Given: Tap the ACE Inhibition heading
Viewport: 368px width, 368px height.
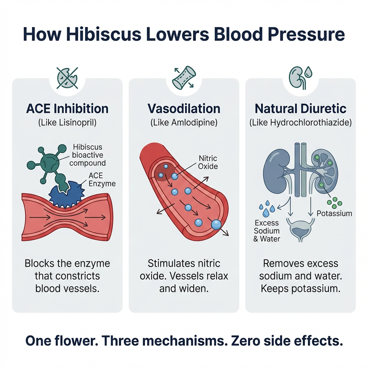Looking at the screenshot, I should coord(67,109).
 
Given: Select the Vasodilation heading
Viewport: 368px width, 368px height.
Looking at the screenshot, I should coord(184,109).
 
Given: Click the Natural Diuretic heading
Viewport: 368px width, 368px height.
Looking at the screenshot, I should coord(300,109).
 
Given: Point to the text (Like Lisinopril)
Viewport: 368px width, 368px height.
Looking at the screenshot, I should coord(67,122).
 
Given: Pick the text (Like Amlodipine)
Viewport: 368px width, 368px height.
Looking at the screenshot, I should coord(184,122).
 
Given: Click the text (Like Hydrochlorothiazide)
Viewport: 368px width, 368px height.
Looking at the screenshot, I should coord(300,122).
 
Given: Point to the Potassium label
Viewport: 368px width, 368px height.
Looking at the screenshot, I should coord(334,213).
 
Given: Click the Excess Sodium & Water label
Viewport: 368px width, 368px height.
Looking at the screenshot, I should coord(267,230).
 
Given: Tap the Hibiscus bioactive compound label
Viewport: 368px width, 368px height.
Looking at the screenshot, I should coord(88,155).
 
